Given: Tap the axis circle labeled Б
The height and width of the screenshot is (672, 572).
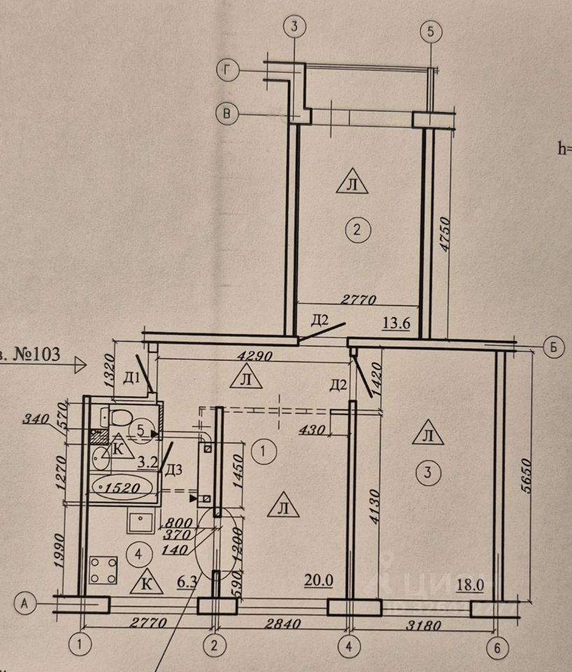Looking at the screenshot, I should [x=553, y=348].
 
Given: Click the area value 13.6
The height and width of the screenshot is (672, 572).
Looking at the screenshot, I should [x=396, y=323].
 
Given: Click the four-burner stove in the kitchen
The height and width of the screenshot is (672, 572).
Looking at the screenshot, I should [x=103, y=570].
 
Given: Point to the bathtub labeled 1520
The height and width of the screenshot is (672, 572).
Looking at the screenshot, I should [x=122, y=484].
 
